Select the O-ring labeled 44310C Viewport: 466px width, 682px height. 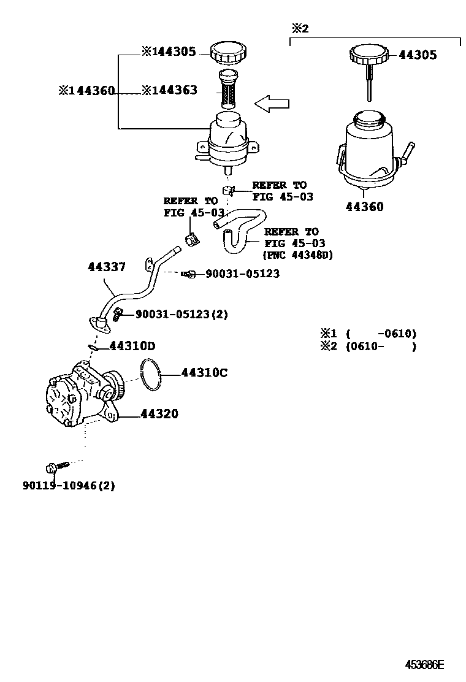point(151,375)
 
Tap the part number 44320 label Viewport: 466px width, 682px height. point(159,415)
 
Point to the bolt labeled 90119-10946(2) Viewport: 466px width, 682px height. point(52,467)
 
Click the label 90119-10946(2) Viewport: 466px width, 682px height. point(69,486)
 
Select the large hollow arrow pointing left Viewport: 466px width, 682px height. point(272,104)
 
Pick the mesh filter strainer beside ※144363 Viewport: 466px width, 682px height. point(227,91)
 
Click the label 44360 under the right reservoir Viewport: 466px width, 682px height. point(364,207)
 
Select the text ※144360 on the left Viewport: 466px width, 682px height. point(86,90)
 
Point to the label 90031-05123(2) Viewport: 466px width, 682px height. point(181,314)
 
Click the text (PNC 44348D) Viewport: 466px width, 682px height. point(297,255)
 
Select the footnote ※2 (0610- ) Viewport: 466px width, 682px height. point(368,347)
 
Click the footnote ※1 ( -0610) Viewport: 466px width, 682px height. point(368,334)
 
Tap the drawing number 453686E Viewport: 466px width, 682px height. point(424,665)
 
